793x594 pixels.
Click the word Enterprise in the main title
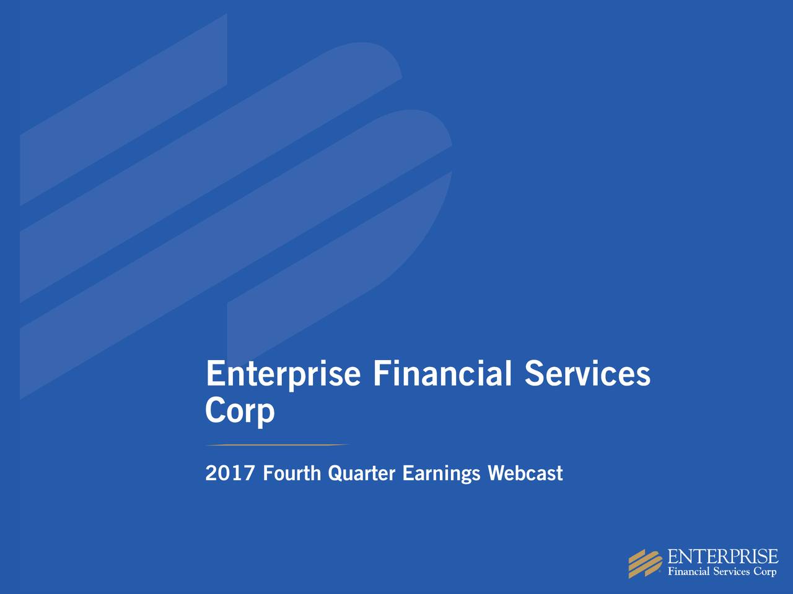[282, 375]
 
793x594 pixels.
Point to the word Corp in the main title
[239, 411]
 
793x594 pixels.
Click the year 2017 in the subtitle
[230, 474]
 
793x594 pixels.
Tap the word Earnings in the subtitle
[441, 475]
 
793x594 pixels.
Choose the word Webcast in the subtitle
[525, 474]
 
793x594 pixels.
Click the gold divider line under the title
[277, 445]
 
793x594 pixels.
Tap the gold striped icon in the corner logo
[645, 564]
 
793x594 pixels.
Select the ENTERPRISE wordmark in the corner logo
[723, 556]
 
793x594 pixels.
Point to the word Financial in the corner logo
[688, 572]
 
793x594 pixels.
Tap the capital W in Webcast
[497, 474]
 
